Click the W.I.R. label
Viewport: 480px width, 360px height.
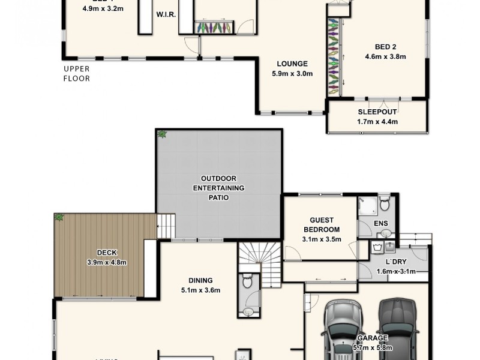coord(166,14)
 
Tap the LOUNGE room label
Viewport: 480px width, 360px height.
coord(292,64)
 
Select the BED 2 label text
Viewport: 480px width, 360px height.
coord(385,47)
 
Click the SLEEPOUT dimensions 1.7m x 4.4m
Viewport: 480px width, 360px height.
coord(377,122)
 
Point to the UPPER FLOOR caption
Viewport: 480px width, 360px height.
coord(77,74)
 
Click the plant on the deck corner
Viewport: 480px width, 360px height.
coord(59,217)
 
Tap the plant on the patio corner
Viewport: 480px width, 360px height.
coord(161,134)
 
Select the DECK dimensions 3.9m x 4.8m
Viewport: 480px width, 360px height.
coord(106,262)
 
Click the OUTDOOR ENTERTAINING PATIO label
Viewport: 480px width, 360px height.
coord(218,188)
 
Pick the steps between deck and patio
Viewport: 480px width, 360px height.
coord(166,227)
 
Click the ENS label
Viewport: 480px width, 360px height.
coord(381,223)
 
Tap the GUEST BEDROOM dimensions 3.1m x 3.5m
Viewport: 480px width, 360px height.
coord(321,239)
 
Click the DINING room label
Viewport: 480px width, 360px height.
coord(200,280)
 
